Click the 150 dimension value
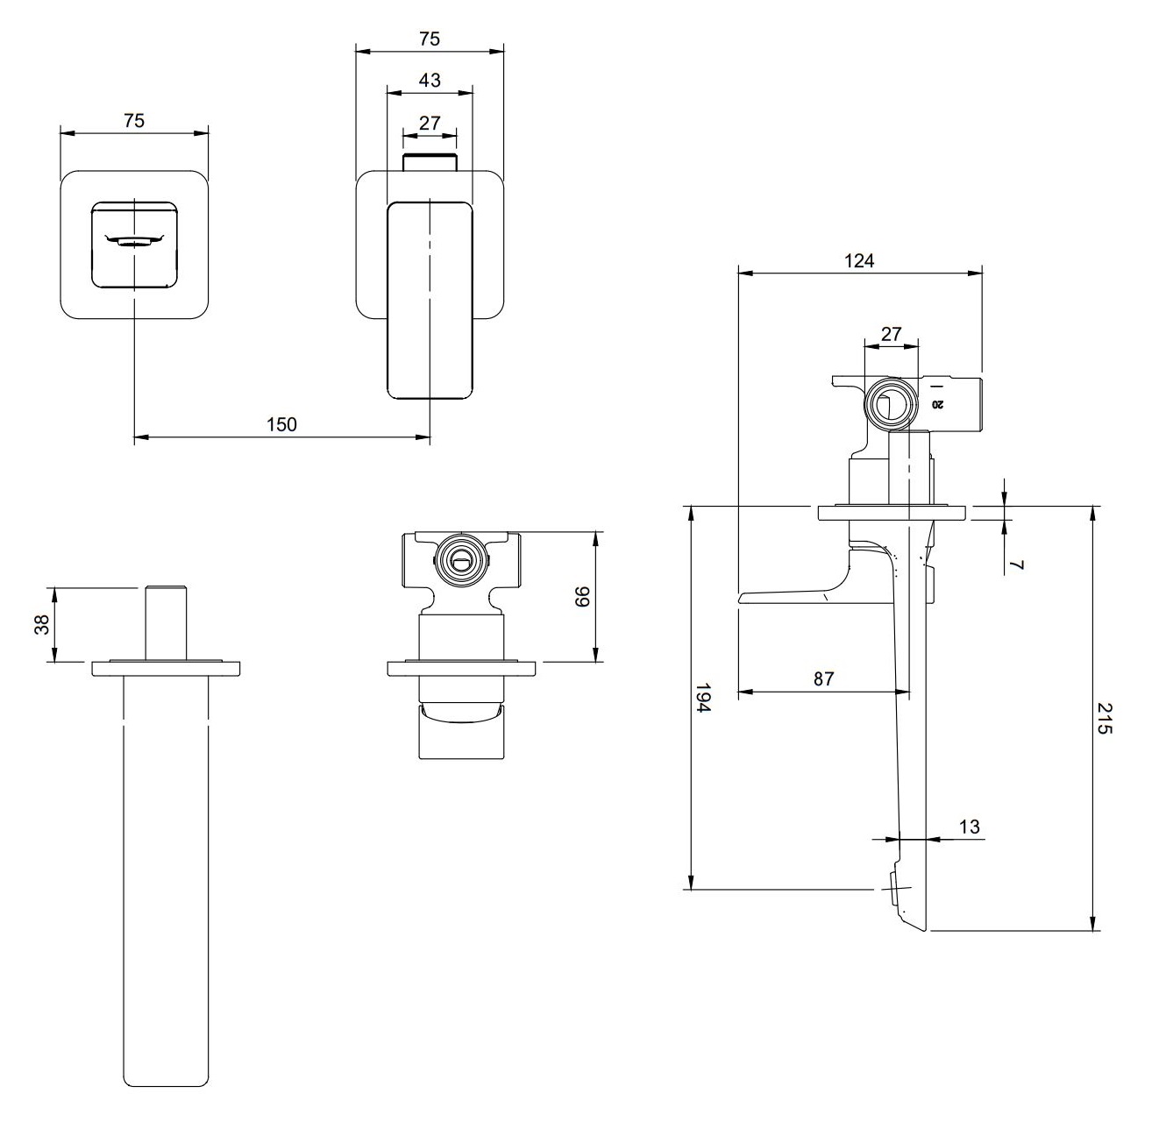click(x=281, y=424)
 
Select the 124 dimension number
click(x=859, y=260)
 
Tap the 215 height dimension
click(x=1105, y=718)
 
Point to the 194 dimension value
click(x=703, y=697)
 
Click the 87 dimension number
click(x=824, y=678)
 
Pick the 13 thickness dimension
click(x=969, y=827)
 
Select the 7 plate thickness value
click(x=1017, y=564)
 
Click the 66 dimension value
click(x=582, y=596)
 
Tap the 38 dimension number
click(x=42, y=625)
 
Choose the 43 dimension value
click(x=430, y=80)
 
